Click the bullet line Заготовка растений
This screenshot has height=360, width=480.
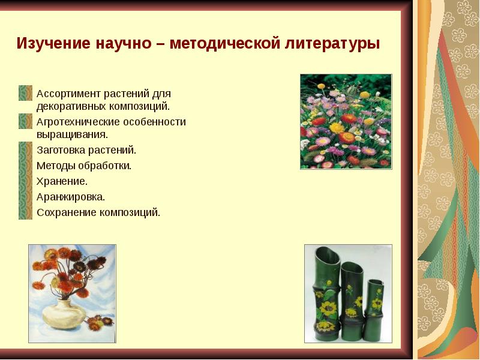[x=86, y=150]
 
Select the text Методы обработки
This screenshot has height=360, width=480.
[x=84, y=165]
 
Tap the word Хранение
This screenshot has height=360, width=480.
[x=62, y=181]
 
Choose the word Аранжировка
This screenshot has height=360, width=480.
[x=71, y=196]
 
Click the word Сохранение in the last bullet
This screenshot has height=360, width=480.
[x=65, y=212]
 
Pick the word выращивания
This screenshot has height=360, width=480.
[x=72, y=134]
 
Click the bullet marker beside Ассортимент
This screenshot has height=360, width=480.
[x=25, y=94]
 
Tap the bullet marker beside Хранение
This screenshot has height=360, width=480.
[x=25, y=181]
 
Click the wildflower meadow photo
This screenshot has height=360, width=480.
[x=346, y=121]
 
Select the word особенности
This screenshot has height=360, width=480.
[x=156, y=122]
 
